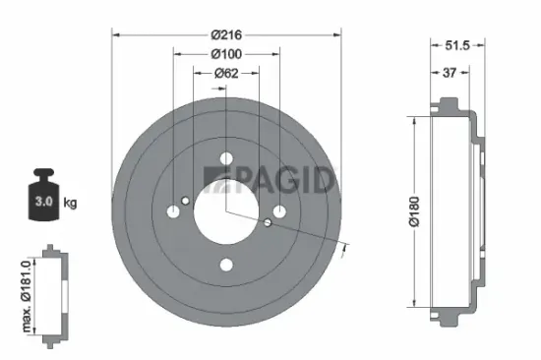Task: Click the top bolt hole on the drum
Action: pos(227,158)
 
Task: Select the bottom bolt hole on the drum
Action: pos(227,264)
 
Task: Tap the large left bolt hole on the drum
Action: pos(174,210)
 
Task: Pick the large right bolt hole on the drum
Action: pos(279,210)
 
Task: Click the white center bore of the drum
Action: pos(227,210)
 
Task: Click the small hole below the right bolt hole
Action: pos(268,222)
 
